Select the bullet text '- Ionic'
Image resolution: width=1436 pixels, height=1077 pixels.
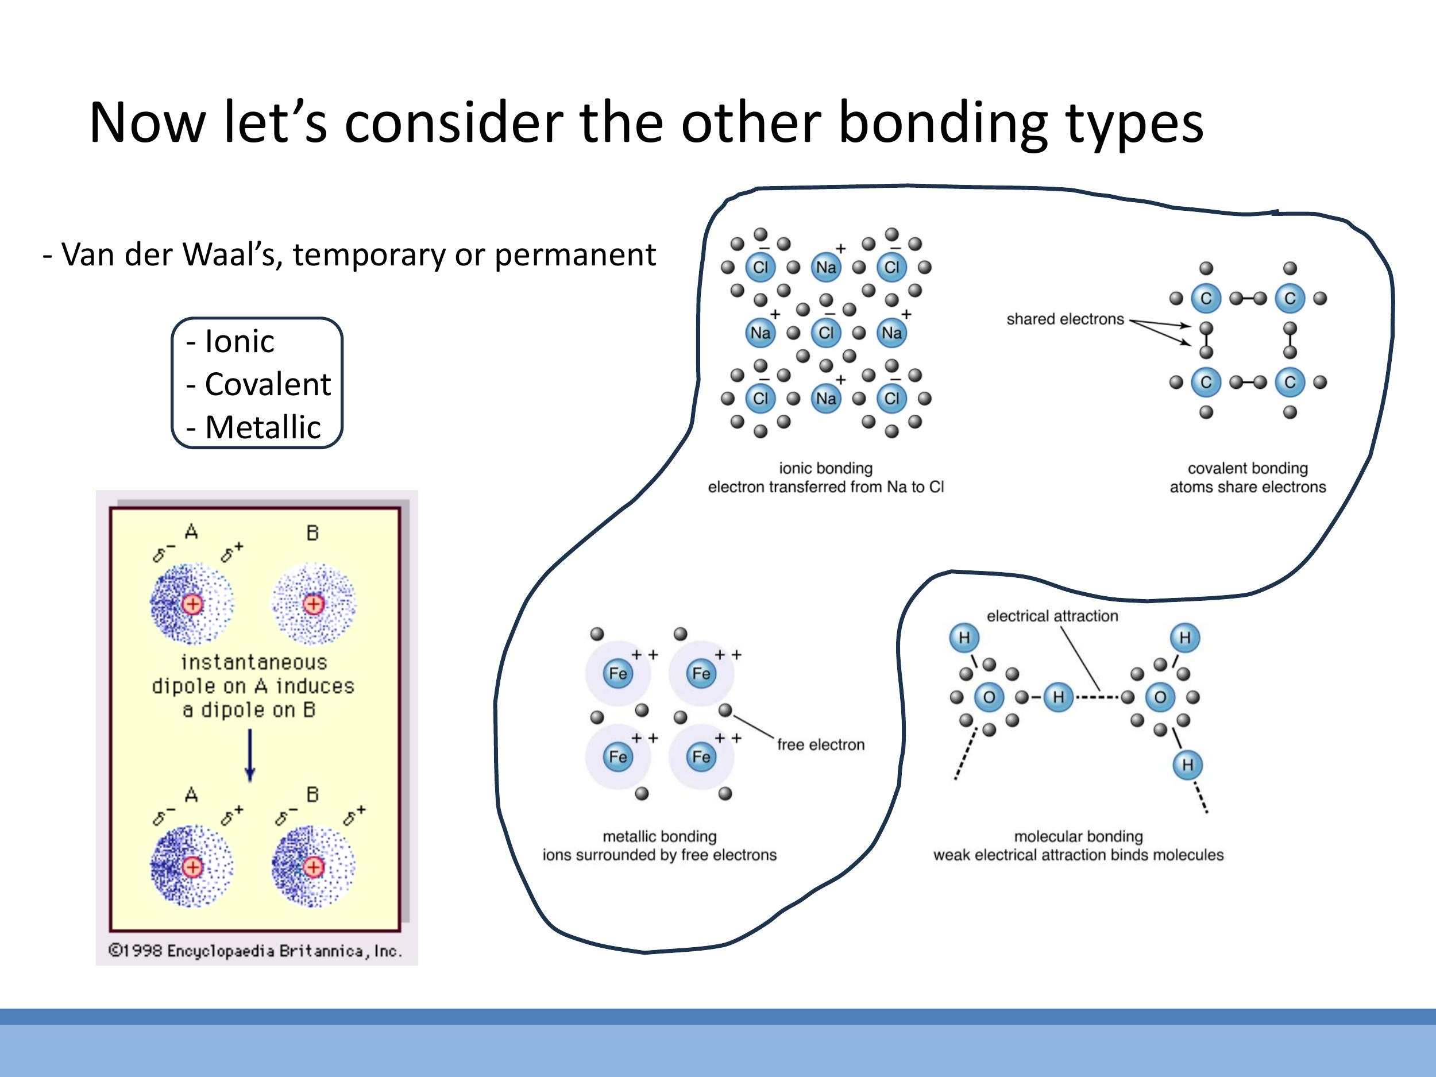pyautogui.click(x=230, y=341)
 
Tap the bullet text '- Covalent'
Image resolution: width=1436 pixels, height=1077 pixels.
pyautogui.click(x=258, y=384)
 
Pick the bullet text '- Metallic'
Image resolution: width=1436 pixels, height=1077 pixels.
pyautogui.click(x=254, y=427)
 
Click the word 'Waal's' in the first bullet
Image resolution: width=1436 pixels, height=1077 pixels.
pyautogui.click(x=231, y=254)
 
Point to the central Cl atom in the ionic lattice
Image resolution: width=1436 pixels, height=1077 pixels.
pyautogui.click(x=826, y=333)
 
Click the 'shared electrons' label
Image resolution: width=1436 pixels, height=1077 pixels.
pyautogui.click(x=1065, y=319)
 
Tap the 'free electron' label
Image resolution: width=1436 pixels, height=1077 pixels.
pyautogui.click(x=821, y=744)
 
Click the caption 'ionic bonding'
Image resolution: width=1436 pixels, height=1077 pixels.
pyautogui.click(x=826, y=468)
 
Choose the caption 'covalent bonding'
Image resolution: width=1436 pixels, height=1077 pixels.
pyautogui.click(x=1247, y=468)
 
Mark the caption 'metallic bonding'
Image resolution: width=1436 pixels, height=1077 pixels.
pyautogui.click(x=659, y=836)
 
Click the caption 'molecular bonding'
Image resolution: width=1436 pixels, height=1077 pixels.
pyautogui.click(x=1078, y=836)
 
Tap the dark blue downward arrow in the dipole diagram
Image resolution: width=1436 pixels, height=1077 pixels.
pyautogui.click(x=250, y=756)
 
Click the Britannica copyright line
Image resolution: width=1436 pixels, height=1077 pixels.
pyautogui.click(x=255, y=951)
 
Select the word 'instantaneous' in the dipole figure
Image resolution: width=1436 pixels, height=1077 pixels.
pyautogui.click(x=254, y=662)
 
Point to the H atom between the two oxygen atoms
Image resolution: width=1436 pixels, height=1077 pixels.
pyautogui.click(x=1058, y=697)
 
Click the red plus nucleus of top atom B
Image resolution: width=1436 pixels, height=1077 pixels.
pyautogui.click(x=314, y=604)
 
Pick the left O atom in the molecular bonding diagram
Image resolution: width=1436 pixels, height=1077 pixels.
pyautogui.click(x=989, y=697)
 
